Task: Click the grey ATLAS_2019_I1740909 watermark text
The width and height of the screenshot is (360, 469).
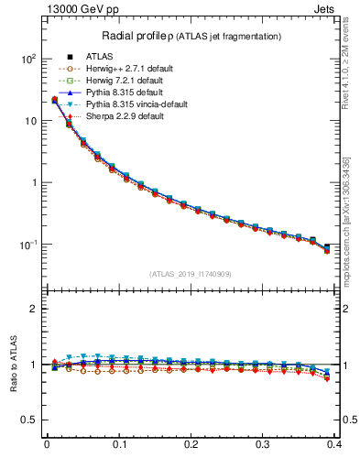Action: click(x=191, y=273)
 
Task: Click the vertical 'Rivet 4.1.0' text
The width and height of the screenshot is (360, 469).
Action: click(x=351, y=69)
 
